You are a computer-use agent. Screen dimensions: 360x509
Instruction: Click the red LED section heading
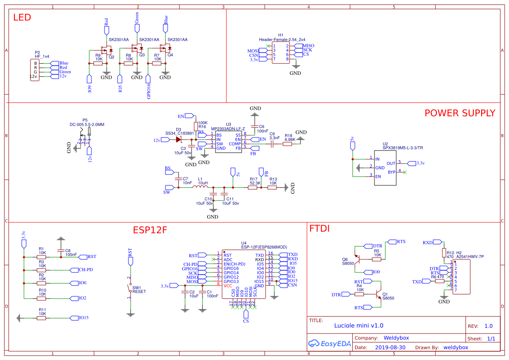tap(22, 18)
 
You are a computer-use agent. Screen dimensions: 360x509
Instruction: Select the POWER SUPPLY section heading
tap(459, 113)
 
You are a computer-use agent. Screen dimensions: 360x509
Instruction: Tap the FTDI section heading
tap(319, 229)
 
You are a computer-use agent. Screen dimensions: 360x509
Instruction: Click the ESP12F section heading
tap(150, 230)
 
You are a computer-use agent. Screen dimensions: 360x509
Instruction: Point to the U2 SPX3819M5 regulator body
tap(385, 168)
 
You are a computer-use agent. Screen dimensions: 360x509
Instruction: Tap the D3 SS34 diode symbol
tap(179, 140)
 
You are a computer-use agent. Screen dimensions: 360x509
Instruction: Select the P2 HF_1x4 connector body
tap(35, 70)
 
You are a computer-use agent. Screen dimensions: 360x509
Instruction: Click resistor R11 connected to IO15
tap(42, 318)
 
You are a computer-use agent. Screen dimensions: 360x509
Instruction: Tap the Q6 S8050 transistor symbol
tap(358, 260)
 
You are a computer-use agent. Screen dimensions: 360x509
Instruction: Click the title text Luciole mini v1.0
tap(358, 325)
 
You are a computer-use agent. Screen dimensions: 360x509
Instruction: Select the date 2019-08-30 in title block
tap(390, 347)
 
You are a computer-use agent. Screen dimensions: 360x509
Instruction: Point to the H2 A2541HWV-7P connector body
tap(462, 277)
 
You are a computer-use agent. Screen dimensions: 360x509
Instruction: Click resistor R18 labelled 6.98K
tap(287, 144)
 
